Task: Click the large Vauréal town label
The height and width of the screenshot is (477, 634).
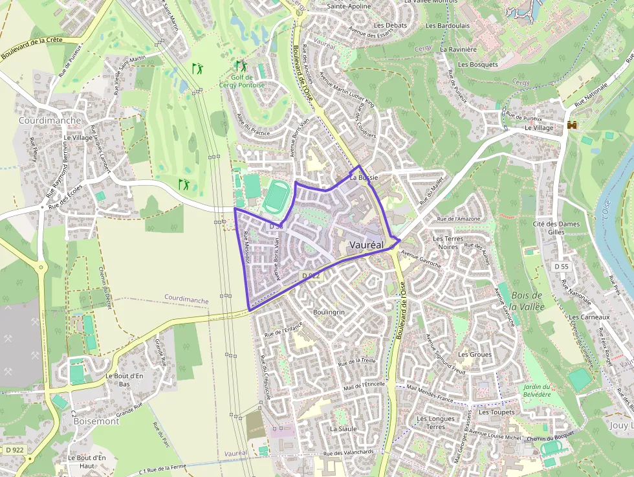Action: coord(366,245)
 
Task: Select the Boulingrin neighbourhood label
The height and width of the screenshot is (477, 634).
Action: coord(329,312)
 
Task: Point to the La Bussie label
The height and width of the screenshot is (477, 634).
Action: coord(363,177)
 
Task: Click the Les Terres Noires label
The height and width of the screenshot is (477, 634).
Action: coord(448,243)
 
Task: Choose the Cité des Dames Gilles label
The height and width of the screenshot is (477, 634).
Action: coord(556,228)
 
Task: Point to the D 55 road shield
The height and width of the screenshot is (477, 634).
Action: coord(561,267)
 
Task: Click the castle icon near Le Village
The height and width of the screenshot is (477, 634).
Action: coord(572,126)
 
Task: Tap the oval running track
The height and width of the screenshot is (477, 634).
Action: coord(276,197)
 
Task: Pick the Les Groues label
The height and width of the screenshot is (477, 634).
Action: coord(475,355)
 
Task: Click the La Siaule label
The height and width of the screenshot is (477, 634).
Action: coord(343,428)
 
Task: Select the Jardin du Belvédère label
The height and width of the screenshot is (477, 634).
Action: coord(534,390)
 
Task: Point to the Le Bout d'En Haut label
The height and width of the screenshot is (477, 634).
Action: coord(87,461)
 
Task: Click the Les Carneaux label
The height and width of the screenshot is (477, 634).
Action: coord(589,317)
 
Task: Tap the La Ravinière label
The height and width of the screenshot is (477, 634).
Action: coord(458,49)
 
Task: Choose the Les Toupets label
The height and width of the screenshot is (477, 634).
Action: coord(497,412)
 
